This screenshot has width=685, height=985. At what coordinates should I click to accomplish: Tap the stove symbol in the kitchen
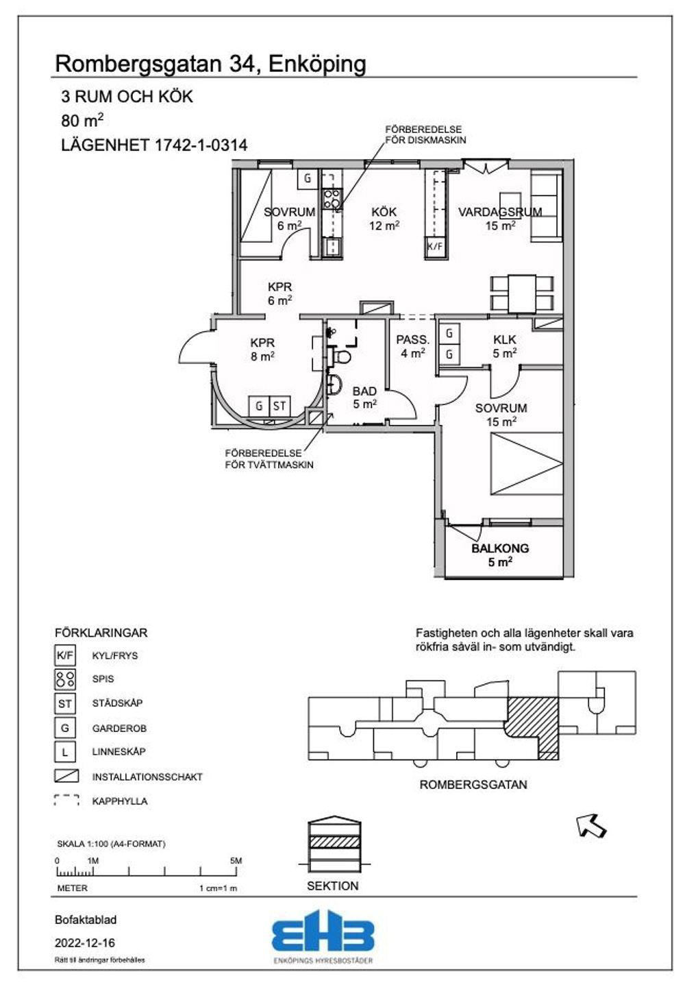332,199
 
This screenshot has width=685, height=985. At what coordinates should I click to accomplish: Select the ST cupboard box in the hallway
279,406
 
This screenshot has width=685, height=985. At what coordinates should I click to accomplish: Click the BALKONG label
500,548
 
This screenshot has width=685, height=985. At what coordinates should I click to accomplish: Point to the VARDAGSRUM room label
500,212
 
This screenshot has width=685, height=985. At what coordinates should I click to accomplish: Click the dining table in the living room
522,293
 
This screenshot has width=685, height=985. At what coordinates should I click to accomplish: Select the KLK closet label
504,339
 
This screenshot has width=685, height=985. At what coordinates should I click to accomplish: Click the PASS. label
413,339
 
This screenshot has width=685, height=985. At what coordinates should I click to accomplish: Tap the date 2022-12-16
85,943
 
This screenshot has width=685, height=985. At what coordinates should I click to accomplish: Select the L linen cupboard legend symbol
65,752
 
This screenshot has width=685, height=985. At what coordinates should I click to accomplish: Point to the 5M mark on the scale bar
236,861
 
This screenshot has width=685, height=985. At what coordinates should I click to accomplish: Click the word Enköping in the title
317,64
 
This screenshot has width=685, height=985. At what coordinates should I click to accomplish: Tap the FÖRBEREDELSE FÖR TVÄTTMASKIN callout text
269,459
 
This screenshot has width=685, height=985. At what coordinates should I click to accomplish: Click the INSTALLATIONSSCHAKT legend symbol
66,777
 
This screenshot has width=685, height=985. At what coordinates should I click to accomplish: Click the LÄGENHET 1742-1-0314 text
154,145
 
